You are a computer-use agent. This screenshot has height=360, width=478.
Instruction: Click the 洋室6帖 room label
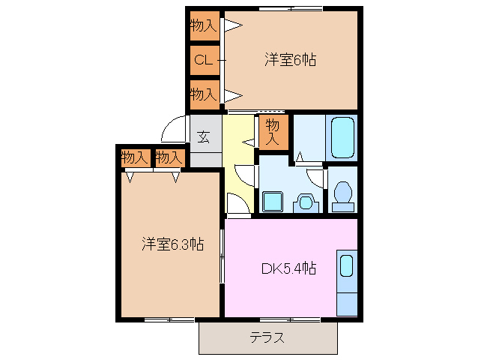point(289,60)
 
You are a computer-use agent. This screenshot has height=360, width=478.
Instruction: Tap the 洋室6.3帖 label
point(173,244)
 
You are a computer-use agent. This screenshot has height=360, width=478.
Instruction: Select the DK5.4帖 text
point(288,268)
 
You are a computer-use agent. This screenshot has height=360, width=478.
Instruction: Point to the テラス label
point(267,337)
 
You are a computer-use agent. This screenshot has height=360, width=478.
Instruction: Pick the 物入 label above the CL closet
point(203,26)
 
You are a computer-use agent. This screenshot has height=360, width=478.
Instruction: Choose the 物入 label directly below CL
point(203,94)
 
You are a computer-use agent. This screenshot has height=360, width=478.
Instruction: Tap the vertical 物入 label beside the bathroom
point(273,132)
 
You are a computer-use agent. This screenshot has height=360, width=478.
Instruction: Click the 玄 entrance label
point(204,137)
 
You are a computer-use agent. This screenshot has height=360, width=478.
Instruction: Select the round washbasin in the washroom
point(306,201)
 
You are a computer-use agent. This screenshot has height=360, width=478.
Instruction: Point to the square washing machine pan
point(272,201)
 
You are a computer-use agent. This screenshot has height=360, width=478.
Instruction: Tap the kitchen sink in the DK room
point(346,266)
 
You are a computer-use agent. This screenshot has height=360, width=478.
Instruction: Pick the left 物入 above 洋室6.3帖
point(133,157)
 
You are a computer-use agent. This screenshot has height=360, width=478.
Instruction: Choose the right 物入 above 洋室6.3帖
point(169,157)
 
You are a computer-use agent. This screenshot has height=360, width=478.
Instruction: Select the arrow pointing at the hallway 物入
point(249,141)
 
